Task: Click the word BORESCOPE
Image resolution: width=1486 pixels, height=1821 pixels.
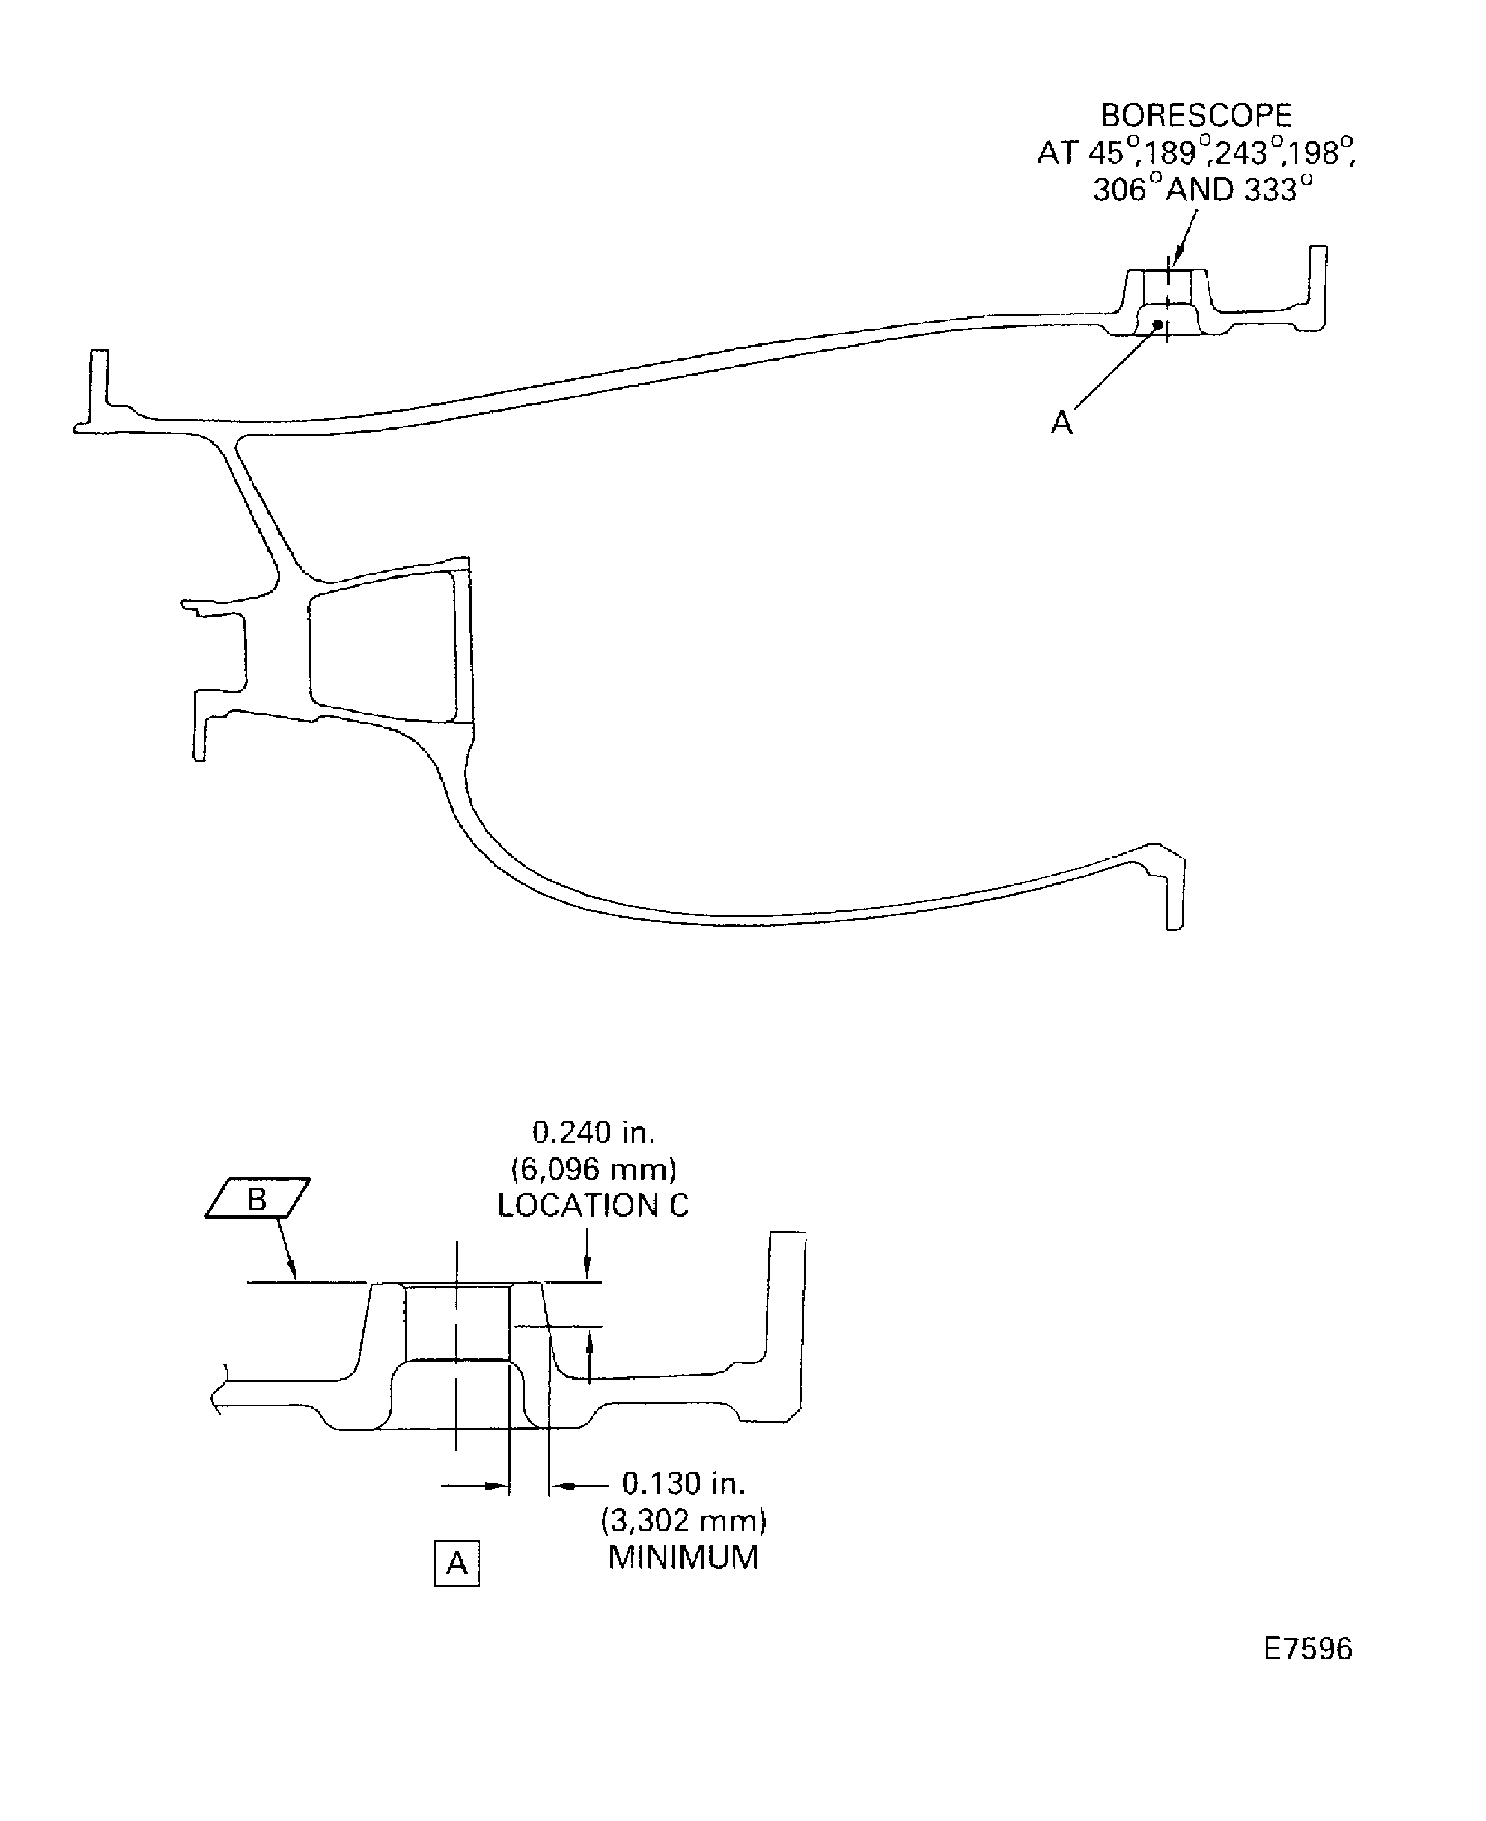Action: (x=1196, y=115)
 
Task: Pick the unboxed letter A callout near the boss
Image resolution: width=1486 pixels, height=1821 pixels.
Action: (x=1061, y=422)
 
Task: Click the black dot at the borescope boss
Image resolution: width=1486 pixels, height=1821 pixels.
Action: (x=1158, y=324)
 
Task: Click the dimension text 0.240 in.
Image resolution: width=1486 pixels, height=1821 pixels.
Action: (x=593, y=1133)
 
